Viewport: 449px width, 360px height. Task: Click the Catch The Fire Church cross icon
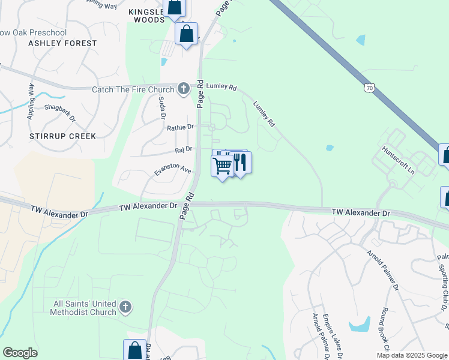point(184,89)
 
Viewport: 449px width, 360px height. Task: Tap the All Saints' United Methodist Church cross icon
point(125,307)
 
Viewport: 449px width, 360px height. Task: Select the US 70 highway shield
point(369,88)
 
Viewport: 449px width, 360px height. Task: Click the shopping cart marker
point(222,165)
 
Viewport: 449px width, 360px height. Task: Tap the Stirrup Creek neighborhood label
point(62,136)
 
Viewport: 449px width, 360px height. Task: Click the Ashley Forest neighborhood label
point(62,43)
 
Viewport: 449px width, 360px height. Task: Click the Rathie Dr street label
point(181,127)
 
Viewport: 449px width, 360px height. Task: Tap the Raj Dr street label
point(183,149)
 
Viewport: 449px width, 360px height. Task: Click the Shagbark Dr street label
point(60,112)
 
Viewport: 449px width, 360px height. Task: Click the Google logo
point(20,353)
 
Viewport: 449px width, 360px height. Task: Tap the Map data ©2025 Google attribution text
point(412,355)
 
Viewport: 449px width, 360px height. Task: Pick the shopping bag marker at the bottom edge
point(135,350)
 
